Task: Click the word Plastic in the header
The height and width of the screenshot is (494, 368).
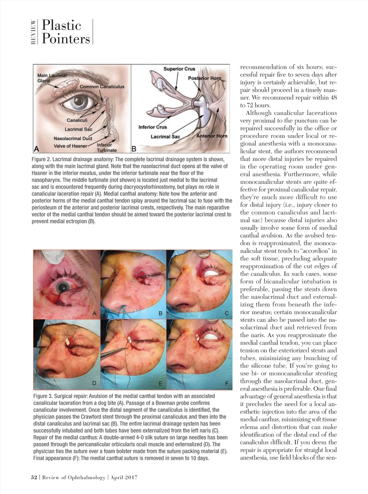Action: click(61, 25)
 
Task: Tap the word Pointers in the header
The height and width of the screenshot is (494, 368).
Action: click(66, 38)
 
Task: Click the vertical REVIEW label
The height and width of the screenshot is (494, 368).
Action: click(33, 32)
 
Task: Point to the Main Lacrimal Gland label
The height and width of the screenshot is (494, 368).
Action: click(52, 78)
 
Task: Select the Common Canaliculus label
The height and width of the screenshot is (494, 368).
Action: click(102, 87)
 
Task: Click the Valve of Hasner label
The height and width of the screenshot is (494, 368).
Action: click(70, 146)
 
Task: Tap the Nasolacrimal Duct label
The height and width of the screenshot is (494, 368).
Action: click(73, 138)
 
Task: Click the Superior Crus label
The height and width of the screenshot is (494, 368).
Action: click(179, 69)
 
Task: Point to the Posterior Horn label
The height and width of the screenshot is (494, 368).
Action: click(204, 78)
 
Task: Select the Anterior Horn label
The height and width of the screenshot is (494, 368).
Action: click(212, 136)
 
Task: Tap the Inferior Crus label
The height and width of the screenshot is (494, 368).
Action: click(153, 127)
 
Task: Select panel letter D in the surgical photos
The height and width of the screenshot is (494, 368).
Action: click(94, 383)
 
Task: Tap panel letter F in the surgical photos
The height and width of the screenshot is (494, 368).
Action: click(226, 383)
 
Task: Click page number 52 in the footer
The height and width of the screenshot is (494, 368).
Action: click(34, 477)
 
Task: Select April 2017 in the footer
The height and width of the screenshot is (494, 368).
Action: click(124, 477)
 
